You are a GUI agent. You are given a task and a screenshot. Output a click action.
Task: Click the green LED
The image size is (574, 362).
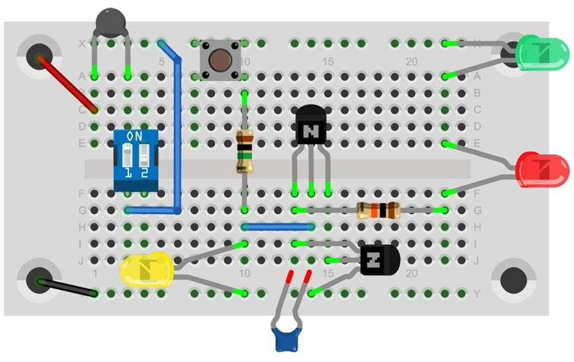click(541, 54)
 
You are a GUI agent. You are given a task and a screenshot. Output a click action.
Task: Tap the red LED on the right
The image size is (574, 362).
click(542, 168)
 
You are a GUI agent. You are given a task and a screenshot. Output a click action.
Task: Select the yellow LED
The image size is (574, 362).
click(147, 271)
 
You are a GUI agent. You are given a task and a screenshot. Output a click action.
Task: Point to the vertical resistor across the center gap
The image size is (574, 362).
click(244, 151)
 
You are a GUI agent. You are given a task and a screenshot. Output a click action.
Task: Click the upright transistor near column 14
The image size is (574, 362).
click(311, 125)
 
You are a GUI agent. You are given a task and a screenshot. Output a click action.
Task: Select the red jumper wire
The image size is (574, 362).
click(68, 83)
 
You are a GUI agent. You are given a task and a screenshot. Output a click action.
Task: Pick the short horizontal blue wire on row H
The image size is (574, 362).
click(277, 226)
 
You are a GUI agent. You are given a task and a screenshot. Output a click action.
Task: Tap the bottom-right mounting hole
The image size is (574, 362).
click(513, 280)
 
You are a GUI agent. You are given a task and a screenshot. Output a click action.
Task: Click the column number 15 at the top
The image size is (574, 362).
click(328, 61)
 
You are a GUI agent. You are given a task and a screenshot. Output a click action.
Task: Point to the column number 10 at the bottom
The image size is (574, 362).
click(244, 273)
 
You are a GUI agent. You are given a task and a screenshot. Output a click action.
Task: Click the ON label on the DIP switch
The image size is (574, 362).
click(133, 136)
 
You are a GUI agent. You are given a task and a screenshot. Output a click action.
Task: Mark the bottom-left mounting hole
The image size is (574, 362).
click(39, 280)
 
